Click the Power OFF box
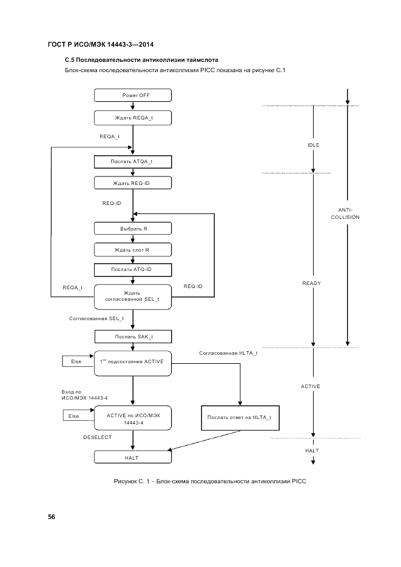[x=133, y=95]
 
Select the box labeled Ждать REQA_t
[x=133, y=117]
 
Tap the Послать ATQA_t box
[x=133, y=161]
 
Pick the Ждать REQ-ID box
[x=133, y=183]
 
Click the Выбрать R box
[x=133, y=229]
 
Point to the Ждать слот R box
[x=133, y=249]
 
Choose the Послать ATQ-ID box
[x=133, y=270]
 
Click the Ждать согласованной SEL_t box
[x=133, y=296]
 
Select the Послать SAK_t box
[x=133, y=337]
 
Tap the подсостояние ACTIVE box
[x=133, y=362]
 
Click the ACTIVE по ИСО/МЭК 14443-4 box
[x=133, y=418]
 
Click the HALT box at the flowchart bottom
[x=133, y=458]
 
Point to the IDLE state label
[x=313, y=145]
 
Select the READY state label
[x=312, y=283]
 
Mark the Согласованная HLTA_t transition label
[x=228, y=353]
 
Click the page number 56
[x=52, y=517]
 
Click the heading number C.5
[x=70, y=61]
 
